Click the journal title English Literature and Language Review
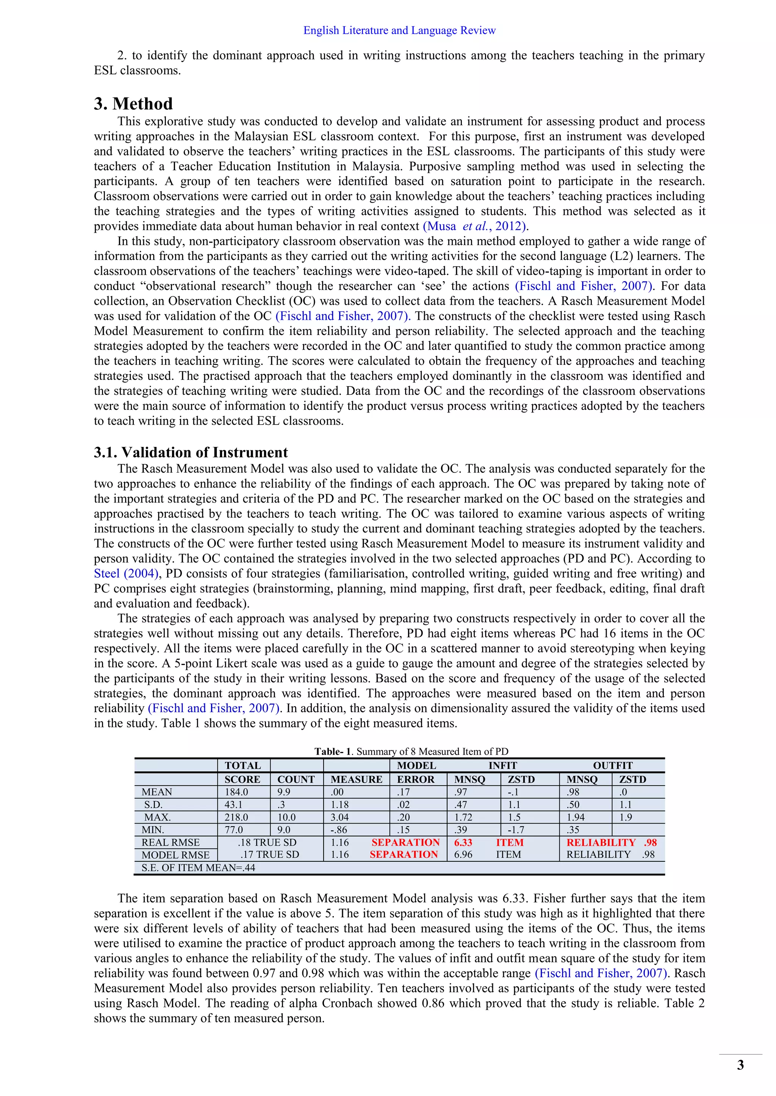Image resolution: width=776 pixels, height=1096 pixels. [399, 31]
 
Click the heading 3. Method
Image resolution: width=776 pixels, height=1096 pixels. [133, 104]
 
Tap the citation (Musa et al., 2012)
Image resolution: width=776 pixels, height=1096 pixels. [476, 226]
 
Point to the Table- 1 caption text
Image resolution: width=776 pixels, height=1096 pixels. [411, 751]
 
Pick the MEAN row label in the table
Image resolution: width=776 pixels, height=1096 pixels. [157, 792]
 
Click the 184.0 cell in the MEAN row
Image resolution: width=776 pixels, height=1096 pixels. [236, 792]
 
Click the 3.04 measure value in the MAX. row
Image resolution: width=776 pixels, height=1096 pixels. [340, 817]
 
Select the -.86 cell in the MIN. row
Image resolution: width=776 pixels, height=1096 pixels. [339, 830]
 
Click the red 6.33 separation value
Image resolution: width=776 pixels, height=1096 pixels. [463, 842]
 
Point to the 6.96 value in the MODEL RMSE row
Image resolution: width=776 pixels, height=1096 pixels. [463, 855]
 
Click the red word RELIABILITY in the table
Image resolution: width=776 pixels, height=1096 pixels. [601, 842]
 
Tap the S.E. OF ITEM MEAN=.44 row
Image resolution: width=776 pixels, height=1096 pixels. [198, 867]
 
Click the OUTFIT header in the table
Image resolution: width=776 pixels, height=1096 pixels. [613, 765]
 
